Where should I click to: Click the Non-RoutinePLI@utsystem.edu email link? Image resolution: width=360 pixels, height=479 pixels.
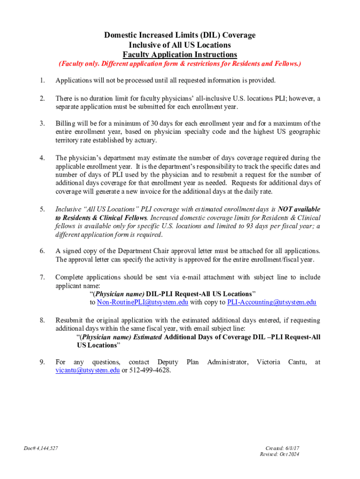143,303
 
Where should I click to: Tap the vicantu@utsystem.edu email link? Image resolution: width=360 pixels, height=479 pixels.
87,370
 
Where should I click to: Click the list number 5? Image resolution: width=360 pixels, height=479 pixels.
42,209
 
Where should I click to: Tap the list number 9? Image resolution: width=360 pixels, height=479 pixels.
42,362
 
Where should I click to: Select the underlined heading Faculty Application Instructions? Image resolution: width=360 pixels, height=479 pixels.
180,54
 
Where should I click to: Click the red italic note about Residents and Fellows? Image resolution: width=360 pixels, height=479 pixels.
180,64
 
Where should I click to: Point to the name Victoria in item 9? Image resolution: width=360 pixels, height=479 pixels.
268,362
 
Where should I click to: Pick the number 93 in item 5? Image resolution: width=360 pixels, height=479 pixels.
250,226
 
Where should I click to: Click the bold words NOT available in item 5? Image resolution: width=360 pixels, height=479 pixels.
299,209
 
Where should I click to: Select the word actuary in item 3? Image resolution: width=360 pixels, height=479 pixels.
145,140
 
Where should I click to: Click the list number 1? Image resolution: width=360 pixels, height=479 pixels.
42,80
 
